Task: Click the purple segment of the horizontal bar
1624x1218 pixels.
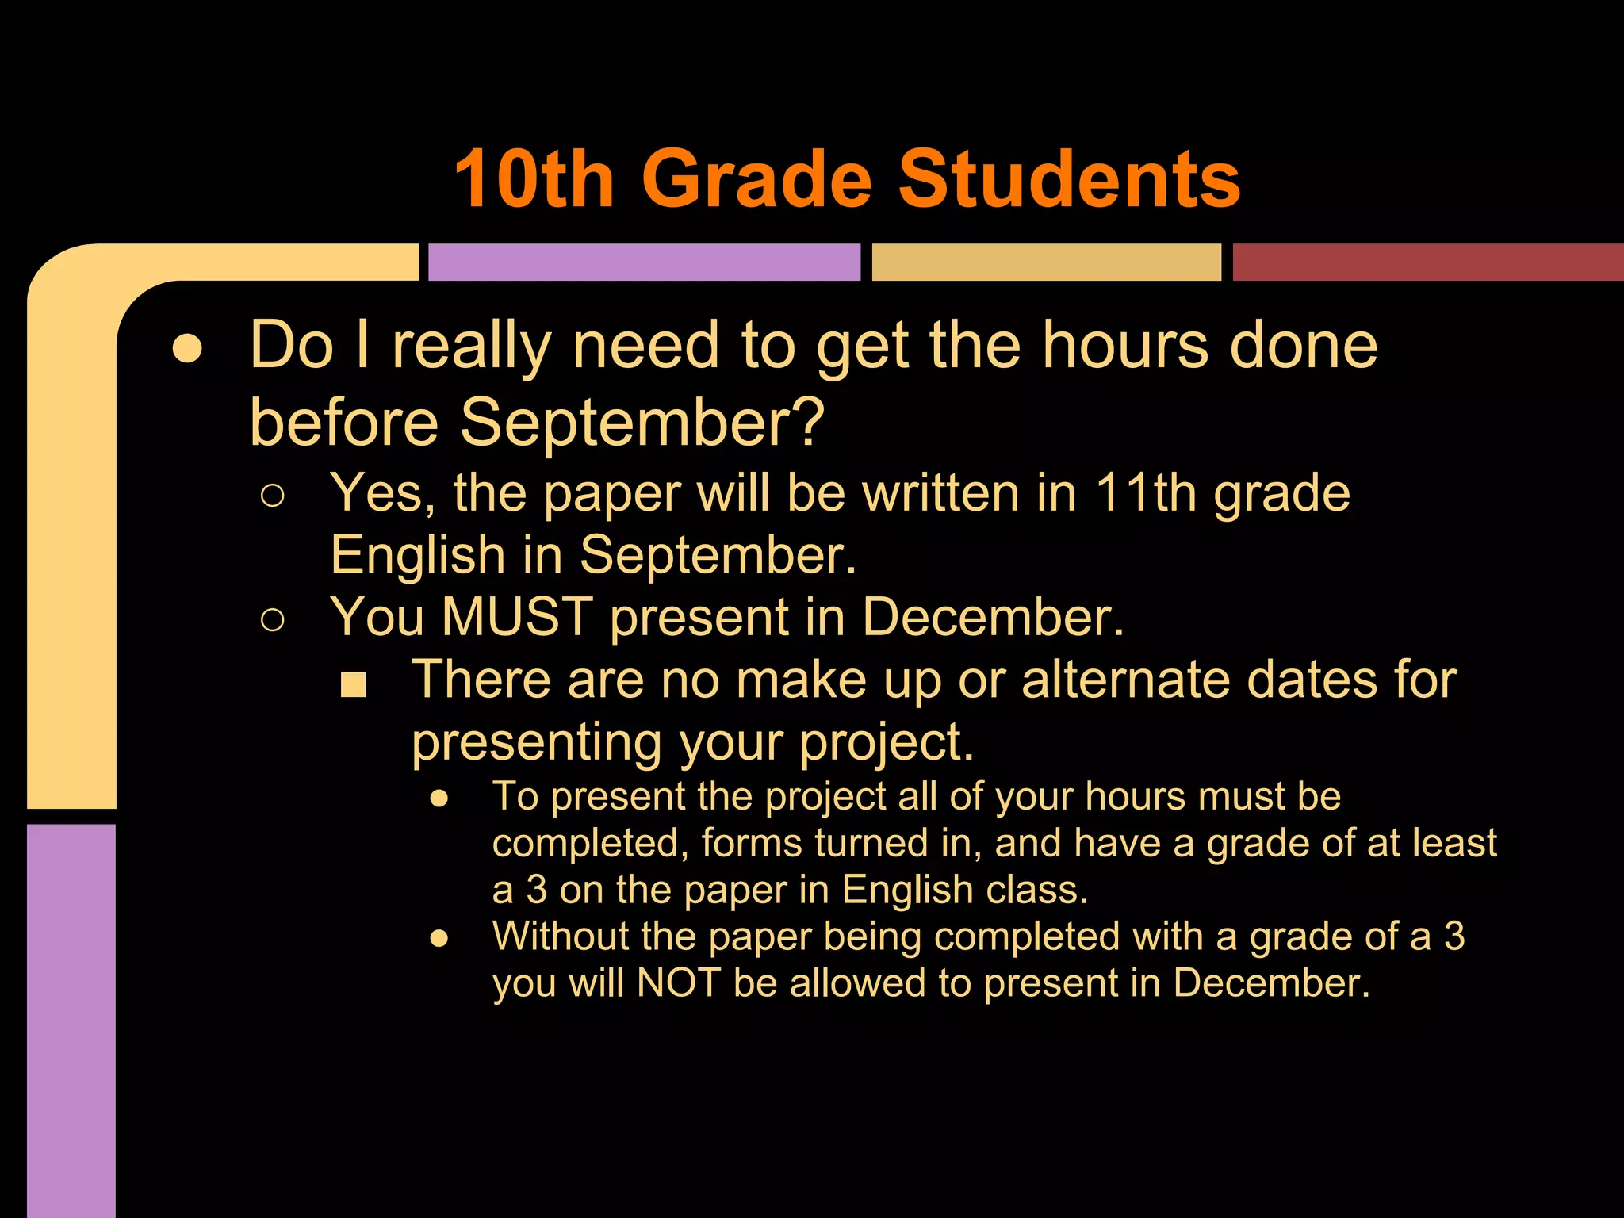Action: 644,262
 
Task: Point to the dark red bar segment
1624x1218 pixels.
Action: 1427,262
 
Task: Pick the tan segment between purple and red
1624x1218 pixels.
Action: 1046,262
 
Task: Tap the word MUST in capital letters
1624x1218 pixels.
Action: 517,616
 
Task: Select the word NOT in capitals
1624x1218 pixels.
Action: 678,982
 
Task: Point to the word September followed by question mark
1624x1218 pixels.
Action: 642,422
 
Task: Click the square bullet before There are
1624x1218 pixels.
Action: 353,684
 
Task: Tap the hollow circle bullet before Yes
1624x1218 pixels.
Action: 272,496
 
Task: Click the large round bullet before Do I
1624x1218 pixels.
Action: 187,348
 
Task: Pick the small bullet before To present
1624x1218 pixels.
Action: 439,799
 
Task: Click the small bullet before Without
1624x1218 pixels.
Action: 439,939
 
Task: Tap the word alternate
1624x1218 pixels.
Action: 1185,680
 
